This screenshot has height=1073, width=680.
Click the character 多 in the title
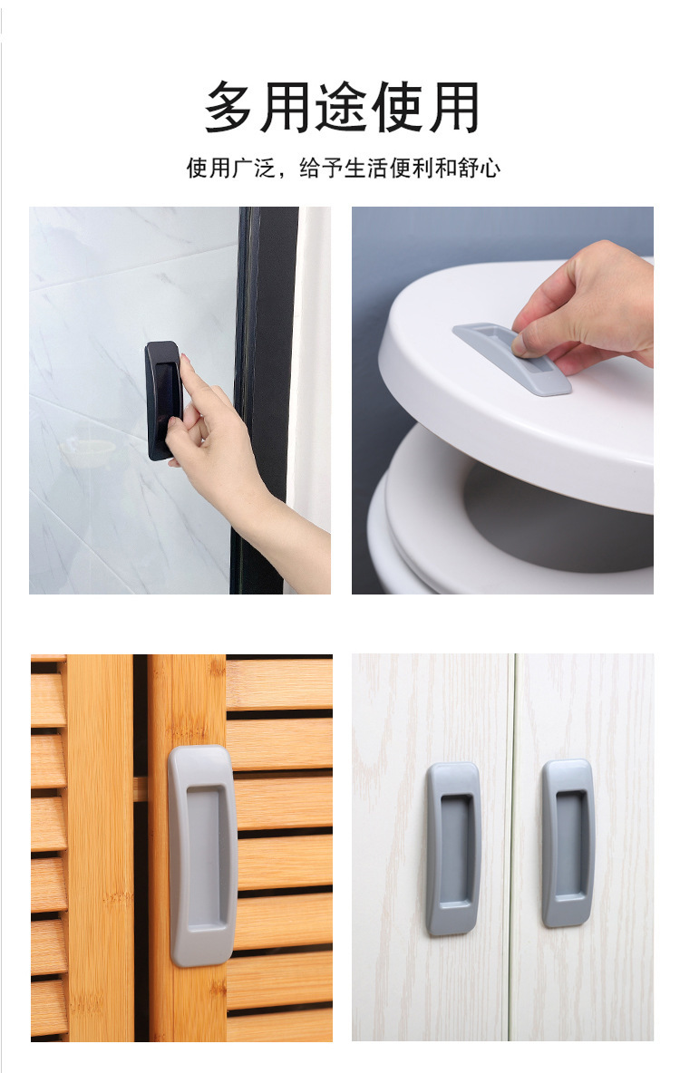[x=231, y=107]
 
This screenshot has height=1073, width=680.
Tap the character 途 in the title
[x=342, y=107]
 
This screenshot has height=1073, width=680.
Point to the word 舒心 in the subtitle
[x=479, y=168]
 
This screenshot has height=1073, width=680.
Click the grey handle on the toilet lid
[x=512, y=359]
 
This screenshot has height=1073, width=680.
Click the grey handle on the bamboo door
[x=201, y=855]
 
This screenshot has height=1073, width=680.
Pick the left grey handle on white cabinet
[x=452, y=847]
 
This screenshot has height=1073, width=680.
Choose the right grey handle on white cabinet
[x=568, y=843]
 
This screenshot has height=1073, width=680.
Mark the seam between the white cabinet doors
[x=511, y=847]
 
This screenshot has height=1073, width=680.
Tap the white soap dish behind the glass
[x=88, y=449]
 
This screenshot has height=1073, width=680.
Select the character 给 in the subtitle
[x=309, y=168]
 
